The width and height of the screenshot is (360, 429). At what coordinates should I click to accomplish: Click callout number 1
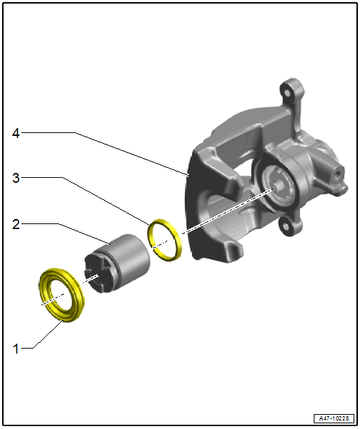(x=16, y=349)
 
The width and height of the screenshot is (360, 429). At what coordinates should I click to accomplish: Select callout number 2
(x=16, y=224)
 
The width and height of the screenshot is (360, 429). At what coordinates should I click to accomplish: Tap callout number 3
(x=16, y=178)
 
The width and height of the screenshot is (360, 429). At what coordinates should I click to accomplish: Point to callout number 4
(x=16, y=133)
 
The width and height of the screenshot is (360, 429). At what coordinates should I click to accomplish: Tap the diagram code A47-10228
(x=334, y=418)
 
